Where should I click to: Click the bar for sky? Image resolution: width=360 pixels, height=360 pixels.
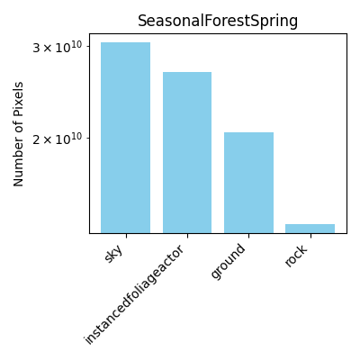pos(125,138)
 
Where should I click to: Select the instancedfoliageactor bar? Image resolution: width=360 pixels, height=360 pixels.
pos(187,152)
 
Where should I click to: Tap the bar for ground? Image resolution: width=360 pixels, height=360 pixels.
pos(248,183)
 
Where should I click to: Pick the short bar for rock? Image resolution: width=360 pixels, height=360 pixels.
pos(310,229)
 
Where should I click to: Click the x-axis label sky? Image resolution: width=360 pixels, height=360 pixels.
pos(114,255)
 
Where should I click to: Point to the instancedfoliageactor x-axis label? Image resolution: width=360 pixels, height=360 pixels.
pos(133,295)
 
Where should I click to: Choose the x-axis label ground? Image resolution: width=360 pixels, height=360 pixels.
pos(228,262)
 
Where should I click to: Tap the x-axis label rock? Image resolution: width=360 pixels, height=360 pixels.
pos(296,256)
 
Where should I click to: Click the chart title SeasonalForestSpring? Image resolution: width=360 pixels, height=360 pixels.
pos(218,21)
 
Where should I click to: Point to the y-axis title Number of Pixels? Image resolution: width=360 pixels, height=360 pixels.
pos(18,134)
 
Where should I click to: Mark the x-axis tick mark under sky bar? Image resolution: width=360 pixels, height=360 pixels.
pos(126,236)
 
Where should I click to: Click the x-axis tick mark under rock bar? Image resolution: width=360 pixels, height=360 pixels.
pos(310,236)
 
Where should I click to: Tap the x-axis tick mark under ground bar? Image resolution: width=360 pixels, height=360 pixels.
pos(248,236)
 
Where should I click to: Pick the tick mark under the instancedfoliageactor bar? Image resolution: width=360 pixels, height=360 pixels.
pos(187,236)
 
